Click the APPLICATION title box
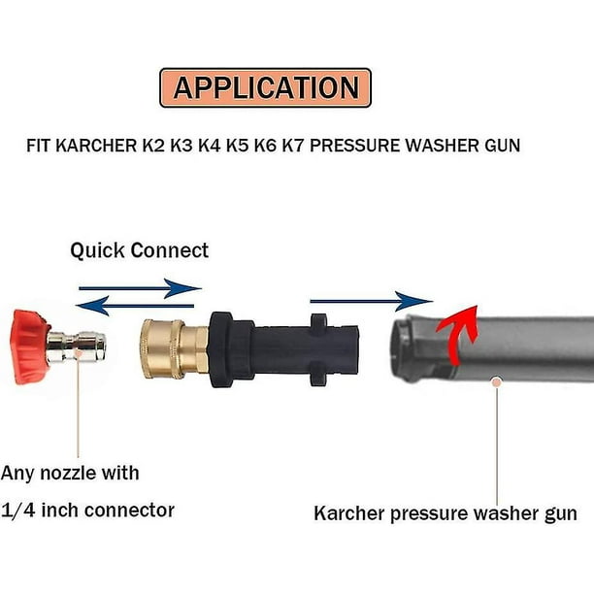click(x=265, y=87)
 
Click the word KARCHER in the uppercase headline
click(x=106, y=146)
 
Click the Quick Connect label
click(x=139, y=250)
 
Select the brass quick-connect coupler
click(x=175, y=346)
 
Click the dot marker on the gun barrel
click(x=497, y=381)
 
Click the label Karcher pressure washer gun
click(x=445, y=513)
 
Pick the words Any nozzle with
click(x=70, y=474)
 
